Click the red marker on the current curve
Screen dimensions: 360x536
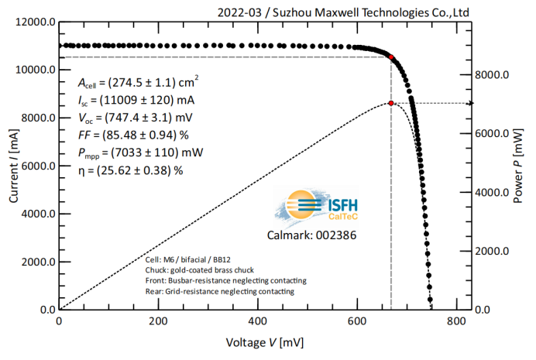[x=391, y=57]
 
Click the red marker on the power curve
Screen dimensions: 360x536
[x=391, y=103]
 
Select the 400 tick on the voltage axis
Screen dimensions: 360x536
[x=258, y=321]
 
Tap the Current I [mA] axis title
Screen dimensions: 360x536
[x=13, y=166]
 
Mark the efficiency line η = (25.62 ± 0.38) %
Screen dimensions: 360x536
[x=130, y=170]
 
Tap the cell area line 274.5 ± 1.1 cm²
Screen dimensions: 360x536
[x=138, y=82]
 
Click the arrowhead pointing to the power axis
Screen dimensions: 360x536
[x=470, y=103]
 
